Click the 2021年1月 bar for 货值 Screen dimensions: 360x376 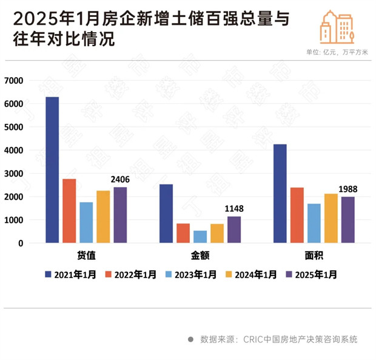point(52,170)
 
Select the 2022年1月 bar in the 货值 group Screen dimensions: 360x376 point(69,211)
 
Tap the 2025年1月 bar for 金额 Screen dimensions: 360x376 point(234,229)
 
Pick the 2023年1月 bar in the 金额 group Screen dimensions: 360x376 point(200,237)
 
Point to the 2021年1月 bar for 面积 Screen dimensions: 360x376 point(280,193)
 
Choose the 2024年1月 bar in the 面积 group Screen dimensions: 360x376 point(331,218)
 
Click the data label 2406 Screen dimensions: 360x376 point(120,180)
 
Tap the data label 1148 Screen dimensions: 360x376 point(234,209)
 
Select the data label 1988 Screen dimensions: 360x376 point(348,189)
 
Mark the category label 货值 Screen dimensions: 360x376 point(86,256)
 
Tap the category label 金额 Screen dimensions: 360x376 point(200,256)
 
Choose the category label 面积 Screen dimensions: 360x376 point(314,256)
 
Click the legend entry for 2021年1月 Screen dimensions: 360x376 point(70,274)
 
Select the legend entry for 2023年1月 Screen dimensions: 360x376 point(191,274)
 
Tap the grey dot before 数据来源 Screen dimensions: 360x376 point(190,339)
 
